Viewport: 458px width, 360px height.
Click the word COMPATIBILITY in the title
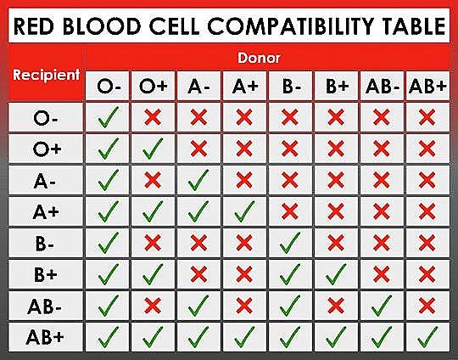290,26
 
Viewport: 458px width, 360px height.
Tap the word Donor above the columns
259,58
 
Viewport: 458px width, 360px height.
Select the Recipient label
46,76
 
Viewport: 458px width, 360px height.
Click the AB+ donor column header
427,86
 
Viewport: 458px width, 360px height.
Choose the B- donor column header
290,87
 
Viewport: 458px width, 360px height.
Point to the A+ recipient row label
46,211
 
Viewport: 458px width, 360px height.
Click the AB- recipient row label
44,307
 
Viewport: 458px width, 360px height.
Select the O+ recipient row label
47,149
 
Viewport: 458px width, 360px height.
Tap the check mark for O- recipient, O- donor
108,117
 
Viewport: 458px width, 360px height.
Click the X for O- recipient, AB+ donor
427,117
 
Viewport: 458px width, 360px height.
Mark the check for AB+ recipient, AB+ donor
427,337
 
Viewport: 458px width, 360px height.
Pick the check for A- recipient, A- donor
198,180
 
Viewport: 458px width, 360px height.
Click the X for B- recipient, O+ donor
153,243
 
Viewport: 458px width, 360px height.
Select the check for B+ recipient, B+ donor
336,274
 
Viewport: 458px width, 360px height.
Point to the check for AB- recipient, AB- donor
382,306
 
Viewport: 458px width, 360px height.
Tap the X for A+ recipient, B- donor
290,211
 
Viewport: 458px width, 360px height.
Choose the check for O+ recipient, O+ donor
153,149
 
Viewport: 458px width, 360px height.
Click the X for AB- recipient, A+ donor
244,306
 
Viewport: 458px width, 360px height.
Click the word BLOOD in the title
102,26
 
